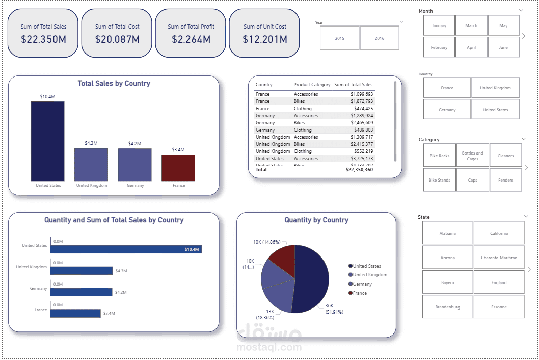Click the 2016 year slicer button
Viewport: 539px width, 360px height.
(x=380, y=38)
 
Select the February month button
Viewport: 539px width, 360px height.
(x=439, y=47)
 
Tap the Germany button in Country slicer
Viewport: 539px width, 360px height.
(x=447, y=110)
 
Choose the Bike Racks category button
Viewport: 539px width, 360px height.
(x=439, y=156)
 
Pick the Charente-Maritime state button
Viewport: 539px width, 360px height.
(x=499, y=258)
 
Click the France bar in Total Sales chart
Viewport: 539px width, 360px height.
(x=178, y=168)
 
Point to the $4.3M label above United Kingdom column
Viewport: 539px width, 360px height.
(x=91, y=143)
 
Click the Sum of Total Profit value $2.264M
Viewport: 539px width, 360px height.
(x=191, y=39)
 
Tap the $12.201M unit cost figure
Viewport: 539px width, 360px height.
(x=265, y=39)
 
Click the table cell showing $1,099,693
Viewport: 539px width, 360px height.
(x=362, y=94)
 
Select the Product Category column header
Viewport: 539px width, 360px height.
(x=312, y=85)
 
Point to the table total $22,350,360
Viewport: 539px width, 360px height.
(x=359, y=170)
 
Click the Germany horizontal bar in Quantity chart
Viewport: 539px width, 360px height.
(x=82, y=292)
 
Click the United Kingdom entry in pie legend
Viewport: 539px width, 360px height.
(x=370, y=275)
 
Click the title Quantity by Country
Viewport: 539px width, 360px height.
(x=316, y=220)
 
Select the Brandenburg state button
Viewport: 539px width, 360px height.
(x=447, y=307)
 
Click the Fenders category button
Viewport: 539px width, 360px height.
(x=506, y=180)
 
